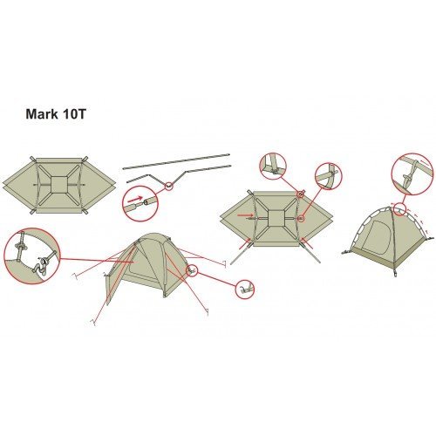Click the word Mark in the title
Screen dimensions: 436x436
click(42, 114)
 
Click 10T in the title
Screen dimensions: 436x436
click(74, 114)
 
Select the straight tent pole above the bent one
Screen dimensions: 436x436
click(176, 160)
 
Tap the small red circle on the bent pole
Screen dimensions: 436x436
click(169, 187)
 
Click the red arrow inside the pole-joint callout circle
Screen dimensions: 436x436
click(135, 200)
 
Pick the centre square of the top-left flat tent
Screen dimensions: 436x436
click(59, 184)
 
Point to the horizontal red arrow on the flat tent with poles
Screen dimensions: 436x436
click(245, 215)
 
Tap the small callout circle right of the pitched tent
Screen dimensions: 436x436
click(245, 289)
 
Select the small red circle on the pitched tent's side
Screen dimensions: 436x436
click(192, 270)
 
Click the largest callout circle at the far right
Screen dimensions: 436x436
click(412, 174)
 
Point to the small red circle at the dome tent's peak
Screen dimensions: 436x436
click(400, 209)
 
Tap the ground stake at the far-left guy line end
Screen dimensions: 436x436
click(74, 276)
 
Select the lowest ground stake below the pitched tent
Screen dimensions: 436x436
click(93, 322)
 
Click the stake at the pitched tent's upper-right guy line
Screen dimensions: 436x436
click(224, 264)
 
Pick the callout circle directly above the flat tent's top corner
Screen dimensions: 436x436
click(273, 166)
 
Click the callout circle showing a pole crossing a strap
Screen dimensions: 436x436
click(329, 176)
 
